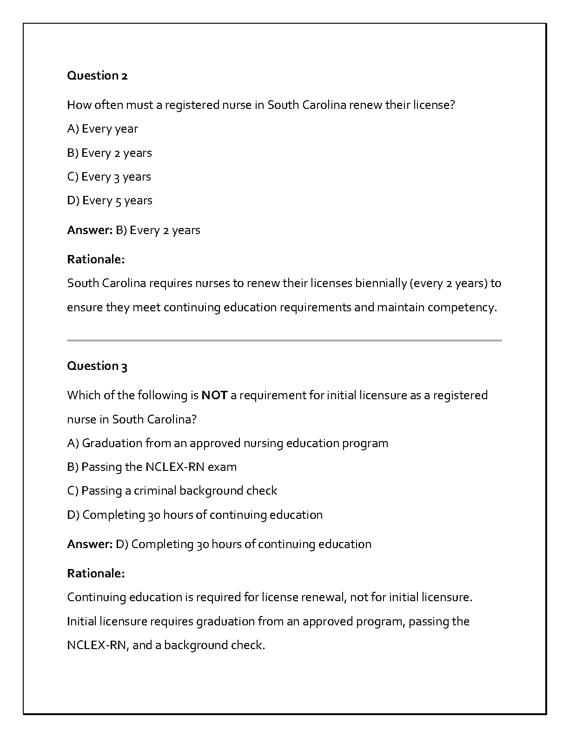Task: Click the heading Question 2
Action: (97, 75)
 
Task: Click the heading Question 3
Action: (97, 366)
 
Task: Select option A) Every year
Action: (102, 129)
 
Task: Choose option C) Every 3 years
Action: (109, 177)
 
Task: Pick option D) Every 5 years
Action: (110, 201)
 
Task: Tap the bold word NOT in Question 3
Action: (214, 395)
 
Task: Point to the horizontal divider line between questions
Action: (284, 341)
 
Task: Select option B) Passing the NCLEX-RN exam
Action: (152, 467)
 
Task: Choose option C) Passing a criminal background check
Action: (172, 491)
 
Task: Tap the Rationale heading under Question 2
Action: (96, 260)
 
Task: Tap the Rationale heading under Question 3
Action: (96, 574)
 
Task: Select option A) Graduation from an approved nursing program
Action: (227, 443)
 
